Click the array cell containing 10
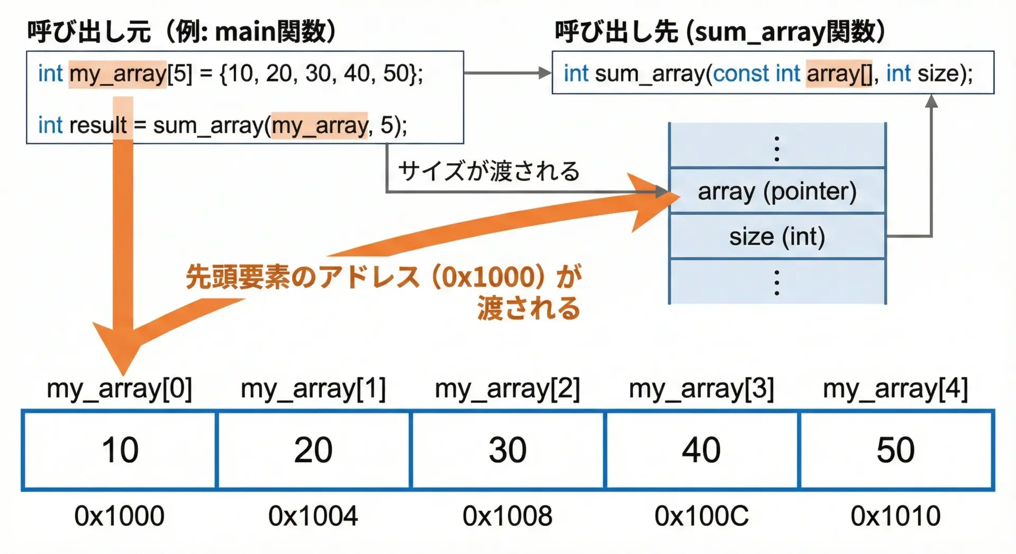[120, 450]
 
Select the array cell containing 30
[507, 450]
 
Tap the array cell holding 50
[896, 450]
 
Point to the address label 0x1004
[313, 516]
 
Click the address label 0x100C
[702, 516]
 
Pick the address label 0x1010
[896, 516]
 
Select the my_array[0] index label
[120, 389]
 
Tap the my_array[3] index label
[702, 389]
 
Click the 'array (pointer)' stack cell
[777, 191]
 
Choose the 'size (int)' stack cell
[777, 236]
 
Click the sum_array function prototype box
[773, 73]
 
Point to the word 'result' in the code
[101, 125]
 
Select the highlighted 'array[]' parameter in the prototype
[839, 73]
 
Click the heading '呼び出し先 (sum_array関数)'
[720, 32]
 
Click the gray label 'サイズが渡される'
[488, 171]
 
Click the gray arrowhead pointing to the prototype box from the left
[545, 72]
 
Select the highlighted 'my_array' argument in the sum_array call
[319, 125]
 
